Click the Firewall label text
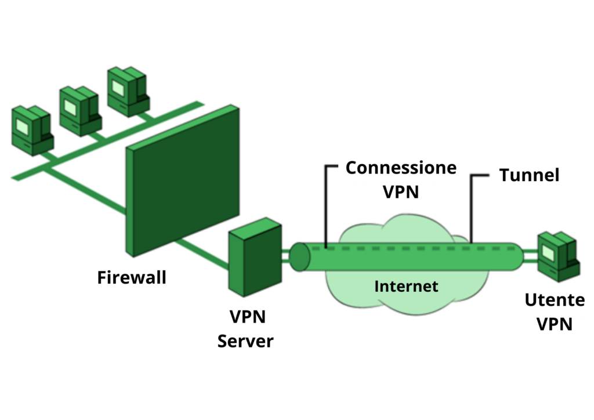click(x=132, y=277)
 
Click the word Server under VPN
click(x=245, y=341)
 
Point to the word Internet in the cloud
click(x=406, y=286)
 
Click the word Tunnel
click(x=529, y=175)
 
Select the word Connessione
click(x=401, y=168)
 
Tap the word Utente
click(x=555, y=300)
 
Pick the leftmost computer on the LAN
click(x=32, y=131)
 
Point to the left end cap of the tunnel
click(x=299, y=257)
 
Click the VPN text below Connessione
click(x=401, y=191)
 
